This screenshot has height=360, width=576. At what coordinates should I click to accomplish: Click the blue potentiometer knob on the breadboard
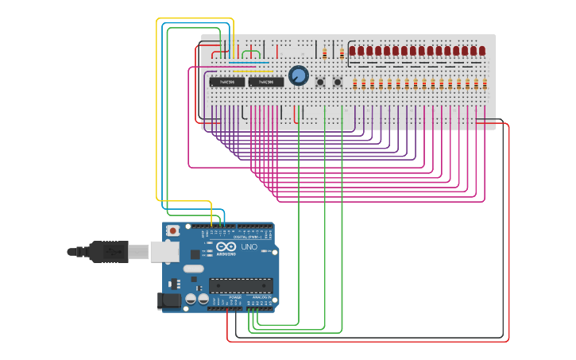pyautogui.click(x=298, y=75)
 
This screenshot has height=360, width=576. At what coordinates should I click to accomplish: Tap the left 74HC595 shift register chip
pyautogui.click(x=227, y=82)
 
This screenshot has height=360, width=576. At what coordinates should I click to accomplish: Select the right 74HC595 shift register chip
pyautogui.click(x=265, y=82)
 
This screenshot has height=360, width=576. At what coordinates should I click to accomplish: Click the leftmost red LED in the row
pyautogui.click(x=353, y=51)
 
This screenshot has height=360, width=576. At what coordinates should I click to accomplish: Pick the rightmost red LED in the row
pyautogui.click(x=481, y=51)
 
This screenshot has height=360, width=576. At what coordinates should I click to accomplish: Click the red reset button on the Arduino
pyautogui.click(x=172, y=230)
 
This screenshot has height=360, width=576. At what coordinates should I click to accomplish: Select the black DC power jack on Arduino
pyautogui.click(x=169, y=300)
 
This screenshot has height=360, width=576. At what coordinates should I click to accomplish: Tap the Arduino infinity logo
pyautogui.click(x=226, y=246)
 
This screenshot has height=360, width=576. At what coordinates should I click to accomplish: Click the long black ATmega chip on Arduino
pyautogui.click(x=242, y=285)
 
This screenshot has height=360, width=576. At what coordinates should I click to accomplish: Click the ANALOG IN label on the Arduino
pyautogui.click(x=260, y=297)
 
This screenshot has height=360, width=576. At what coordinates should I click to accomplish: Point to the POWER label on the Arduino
pyautogui.click(x=224, y=297)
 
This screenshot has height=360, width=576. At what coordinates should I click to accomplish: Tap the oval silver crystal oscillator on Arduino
pyautogui.click(x=193, y=269)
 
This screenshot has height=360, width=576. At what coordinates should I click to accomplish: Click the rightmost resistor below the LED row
pyautogui.click(x=485, y=83)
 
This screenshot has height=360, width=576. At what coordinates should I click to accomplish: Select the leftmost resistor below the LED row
pyautogui.click(x=355, y=83)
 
